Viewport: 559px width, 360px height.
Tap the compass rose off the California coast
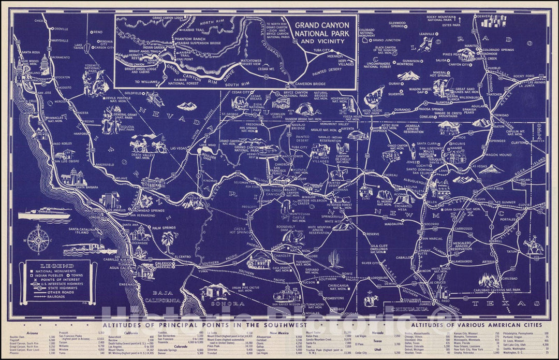click(x=38, y=240)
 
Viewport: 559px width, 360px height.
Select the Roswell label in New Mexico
click(x=495, y=241)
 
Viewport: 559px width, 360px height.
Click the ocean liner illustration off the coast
click(x=51, y=212)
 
